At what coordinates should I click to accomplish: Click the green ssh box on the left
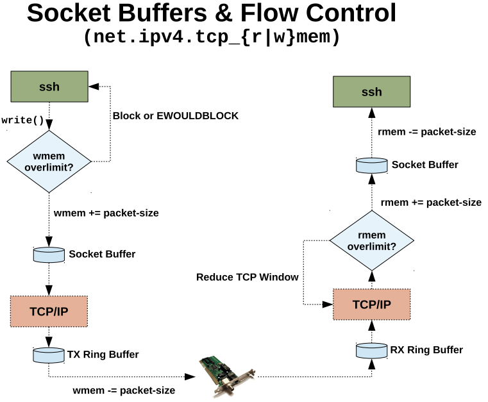pos(49,87)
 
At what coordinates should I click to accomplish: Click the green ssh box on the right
pos(371,92)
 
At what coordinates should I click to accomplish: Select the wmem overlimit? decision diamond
pos(49,161)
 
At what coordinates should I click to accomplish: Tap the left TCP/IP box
pos(49,312)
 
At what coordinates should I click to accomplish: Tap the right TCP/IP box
pos(371,304)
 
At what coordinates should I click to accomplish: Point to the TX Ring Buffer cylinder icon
pos(49,355)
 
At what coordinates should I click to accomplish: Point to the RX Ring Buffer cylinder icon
pos(372,350)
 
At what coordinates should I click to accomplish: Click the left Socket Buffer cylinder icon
pos(49,254)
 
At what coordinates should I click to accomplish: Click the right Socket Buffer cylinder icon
pos(372,165)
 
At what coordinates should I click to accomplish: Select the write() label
pos(23,120)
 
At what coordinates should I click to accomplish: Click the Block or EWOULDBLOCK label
pos(175,116)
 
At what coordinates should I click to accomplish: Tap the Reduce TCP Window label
pos(247,277)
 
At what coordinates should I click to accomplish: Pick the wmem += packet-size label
pos(106,212)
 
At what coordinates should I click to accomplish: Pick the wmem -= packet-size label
pos(124,389)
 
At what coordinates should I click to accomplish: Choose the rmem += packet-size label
pos(430,202)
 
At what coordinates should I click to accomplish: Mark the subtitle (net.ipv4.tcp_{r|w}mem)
pos(211,37)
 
